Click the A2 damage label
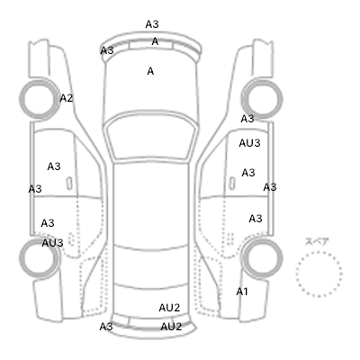(x=67, y=98)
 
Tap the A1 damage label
(x=242, y=292)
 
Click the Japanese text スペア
(x=317, y=242)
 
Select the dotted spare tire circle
(x=319, y=252)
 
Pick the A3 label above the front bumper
(x=152, y=24)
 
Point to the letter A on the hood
(x=150, y=71)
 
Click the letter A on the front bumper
(x=155, y=41)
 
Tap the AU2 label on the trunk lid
(x=169, y=308)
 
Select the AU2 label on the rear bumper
(x=171, y=327)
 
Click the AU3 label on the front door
(x=249, y=143)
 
